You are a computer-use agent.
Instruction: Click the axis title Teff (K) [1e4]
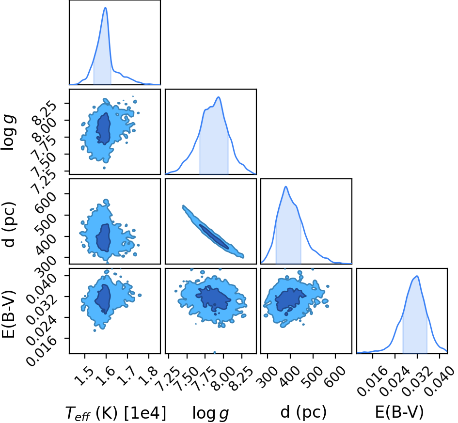pyautogui.click(x=115, y=413)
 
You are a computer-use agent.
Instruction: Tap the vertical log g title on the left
pyautogui.click(x=8, y=133)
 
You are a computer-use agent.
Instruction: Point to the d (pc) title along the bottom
pyautogui.click(x=303, y=412)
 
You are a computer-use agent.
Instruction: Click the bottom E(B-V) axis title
pyautogui.click(x=399, y=412)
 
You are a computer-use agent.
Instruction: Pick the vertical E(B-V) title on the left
pyautogui.click(x=8, y=314)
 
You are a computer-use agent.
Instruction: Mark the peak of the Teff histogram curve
pyautogui.click(x=106, y=8)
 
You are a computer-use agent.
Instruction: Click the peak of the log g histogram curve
pyautogui.click(x=218, y=97)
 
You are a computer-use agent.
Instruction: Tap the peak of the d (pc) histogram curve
pyautogui.click(x=285, y=187)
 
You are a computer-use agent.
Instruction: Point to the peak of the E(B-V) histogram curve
pyautogui.click(x=417, y=276)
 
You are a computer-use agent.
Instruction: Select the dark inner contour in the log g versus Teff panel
pyautogui.click(x=103, y=129)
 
